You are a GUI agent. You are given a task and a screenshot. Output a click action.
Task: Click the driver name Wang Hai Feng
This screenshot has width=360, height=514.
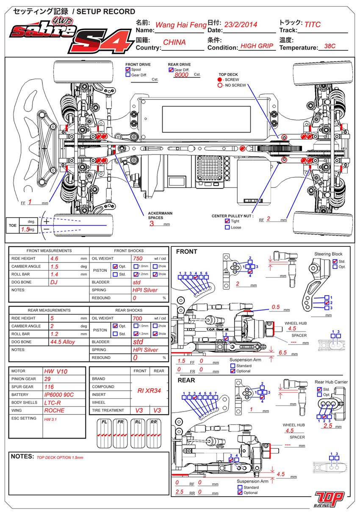180,25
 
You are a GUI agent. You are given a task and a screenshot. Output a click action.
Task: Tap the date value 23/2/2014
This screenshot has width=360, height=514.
240,25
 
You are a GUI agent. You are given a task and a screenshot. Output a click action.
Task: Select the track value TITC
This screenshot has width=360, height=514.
313,25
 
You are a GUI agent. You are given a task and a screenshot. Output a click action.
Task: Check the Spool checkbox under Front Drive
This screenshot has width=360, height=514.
128,69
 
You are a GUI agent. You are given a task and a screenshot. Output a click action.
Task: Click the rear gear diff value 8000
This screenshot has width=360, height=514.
181,75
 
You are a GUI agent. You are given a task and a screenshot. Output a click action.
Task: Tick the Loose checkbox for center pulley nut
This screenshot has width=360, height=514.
228,227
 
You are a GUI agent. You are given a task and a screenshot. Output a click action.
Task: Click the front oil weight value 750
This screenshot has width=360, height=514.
138,258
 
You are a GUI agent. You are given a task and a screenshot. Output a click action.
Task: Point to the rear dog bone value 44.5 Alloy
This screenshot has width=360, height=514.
63,342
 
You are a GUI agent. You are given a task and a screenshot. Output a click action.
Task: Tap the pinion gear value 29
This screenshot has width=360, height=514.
47,379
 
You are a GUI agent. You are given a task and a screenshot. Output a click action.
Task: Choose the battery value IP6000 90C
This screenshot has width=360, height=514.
59,395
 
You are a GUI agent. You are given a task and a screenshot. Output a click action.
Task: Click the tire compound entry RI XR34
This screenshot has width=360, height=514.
149,391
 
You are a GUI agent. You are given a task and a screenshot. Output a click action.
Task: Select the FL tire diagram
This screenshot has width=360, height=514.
104,433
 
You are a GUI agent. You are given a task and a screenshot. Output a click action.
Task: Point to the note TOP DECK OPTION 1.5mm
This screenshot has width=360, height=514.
60,458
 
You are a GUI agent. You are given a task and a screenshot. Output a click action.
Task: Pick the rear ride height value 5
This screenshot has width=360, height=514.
52,318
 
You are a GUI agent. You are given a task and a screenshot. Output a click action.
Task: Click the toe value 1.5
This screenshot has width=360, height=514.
25,229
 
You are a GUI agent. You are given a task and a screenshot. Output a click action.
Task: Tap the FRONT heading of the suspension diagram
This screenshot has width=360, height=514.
186,251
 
